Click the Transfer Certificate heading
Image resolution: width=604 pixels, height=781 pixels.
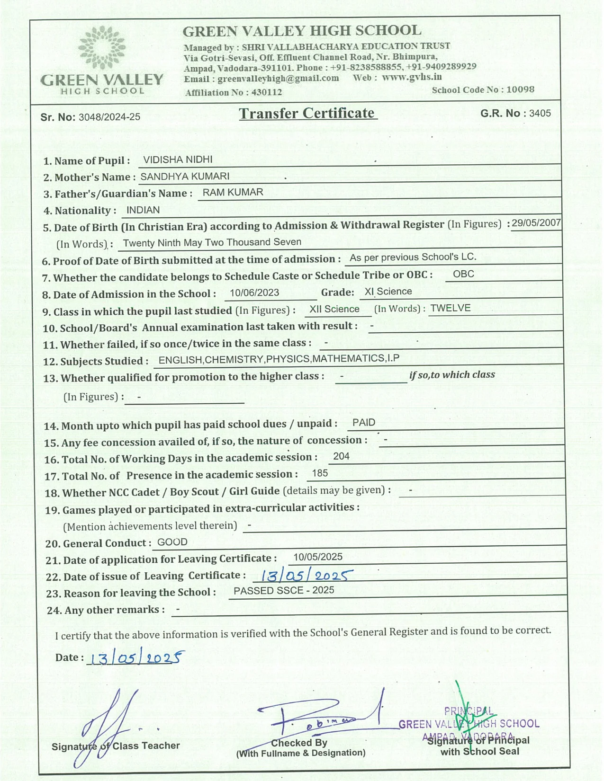click(307, 114)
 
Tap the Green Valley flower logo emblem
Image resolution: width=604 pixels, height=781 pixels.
click(102, 48)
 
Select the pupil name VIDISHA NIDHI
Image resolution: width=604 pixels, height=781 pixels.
click(178, 160)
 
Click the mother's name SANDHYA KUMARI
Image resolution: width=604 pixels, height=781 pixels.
click(185, 177)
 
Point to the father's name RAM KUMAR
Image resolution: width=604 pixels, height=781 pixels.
click(233, 192)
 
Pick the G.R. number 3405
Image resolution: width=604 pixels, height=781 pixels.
click(540, 113)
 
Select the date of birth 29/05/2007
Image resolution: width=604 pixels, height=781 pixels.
click(536, 223)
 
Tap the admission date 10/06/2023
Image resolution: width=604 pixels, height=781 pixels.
click(254, 293)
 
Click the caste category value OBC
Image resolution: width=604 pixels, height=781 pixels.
click(463, 274)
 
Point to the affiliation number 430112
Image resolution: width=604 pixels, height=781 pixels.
click(266, 92)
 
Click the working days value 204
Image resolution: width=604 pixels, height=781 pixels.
click(341, 456)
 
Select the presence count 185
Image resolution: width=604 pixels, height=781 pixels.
click(320, 473)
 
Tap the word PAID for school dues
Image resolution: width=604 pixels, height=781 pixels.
click(364, 423)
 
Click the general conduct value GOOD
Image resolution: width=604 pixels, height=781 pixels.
click(172, 542)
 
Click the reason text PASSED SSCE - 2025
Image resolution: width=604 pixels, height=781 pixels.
click(283, 590)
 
